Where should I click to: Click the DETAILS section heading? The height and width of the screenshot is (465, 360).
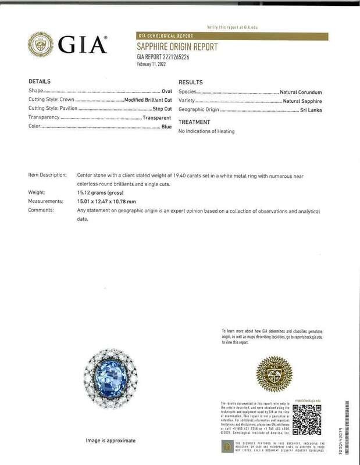40,81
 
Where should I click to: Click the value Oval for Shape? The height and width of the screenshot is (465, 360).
166,91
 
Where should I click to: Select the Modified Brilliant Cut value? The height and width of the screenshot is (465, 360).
146,100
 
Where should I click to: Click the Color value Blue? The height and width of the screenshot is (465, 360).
166,126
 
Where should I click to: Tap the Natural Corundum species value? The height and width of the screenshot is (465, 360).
301,92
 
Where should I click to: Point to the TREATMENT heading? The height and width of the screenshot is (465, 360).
194,122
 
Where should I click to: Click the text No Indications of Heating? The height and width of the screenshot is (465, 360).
206,131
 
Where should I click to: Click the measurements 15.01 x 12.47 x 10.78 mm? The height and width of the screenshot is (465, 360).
111,201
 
